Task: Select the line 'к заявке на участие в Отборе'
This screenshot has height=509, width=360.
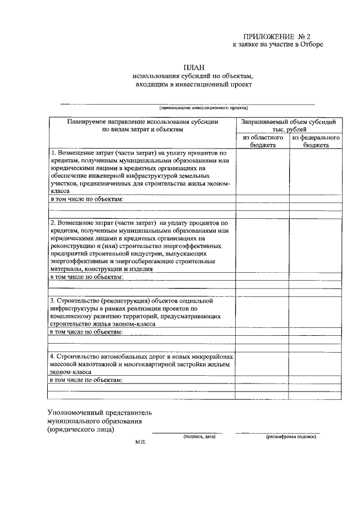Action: coord(278,44)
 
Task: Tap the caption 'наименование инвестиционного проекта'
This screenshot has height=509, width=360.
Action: coord(202,107)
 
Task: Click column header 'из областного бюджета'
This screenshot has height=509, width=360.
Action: coord(263,141)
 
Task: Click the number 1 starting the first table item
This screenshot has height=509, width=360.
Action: coord(53,153)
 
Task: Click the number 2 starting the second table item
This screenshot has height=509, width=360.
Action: coord(53,223)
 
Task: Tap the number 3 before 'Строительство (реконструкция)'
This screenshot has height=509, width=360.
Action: coord(53,300)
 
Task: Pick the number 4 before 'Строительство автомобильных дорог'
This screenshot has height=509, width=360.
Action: coord(53,357)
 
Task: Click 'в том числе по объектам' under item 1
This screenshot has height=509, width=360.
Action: coord(87,199)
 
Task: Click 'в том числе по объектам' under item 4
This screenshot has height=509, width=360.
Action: coord(87,380)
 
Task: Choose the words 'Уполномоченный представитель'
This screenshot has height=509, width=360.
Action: coord(100,412)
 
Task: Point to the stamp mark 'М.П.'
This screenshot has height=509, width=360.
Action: coord(140,443)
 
